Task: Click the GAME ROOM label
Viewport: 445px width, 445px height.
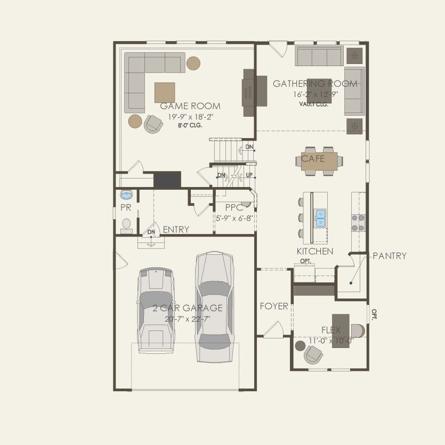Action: pos(190,106)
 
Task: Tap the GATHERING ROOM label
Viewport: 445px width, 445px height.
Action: pos(315,84)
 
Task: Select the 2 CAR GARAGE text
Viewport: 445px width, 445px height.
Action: pos(188,308)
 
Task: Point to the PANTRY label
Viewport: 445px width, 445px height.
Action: pos(390,256)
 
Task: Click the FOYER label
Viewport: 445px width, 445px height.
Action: pos(274,306)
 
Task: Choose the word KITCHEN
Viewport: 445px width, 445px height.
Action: pos(315,251)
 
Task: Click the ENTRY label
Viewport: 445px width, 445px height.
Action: pos(176,230)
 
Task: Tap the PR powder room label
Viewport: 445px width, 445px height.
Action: pos(125,207)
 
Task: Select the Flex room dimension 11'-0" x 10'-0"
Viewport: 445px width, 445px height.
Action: pos(331,340)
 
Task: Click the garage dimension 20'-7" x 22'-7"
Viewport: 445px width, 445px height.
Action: pos(188,319)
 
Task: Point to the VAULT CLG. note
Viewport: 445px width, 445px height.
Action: pos(313,104)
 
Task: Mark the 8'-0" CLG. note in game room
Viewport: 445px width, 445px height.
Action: pos(190,126)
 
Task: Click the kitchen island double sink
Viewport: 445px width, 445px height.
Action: pos(321,217)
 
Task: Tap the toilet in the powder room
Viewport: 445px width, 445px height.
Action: pos(126,226)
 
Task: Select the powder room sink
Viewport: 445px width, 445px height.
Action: pos(126,194)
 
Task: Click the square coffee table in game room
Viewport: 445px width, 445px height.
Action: pos(165,92)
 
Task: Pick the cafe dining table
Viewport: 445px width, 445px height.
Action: pos(319,161)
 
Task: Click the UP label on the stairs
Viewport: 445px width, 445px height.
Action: pos(249,175)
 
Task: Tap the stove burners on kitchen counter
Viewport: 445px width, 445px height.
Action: pos(358,222)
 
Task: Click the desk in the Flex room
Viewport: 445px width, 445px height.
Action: pos(341,331)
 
